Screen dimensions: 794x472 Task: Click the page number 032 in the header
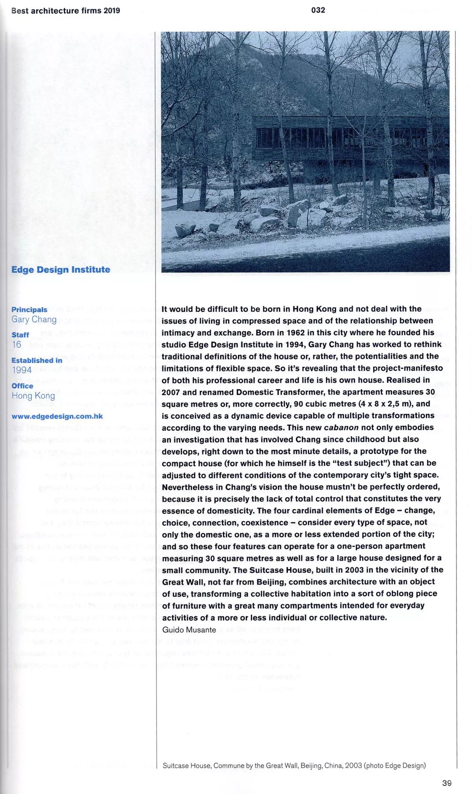pyautogui.click(x=318, y=10)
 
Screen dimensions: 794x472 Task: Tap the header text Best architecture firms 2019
pyautogui.click(x=66, y=11)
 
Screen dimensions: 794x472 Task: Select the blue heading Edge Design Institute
pyautogui.click(x=61, y=270)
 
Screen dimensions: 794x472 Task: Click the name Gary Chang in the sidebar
pyautogui.click(x=34, y=319)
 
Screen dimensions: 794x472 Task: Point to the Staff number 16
pyautogui.click(x=17, y=345)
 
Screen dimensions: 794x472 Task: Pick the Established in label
pyautogui.click(x=37, y=360)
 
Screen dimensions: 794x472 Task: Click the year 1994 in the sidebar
pyautogui.click(x=22, y=370)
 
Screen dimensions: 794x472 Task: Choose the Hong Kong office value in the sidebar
pyautogui.click(x=33, y=396)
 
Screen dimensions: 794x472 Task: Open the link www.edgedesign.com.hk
pyautogui.click(x=57, y=416)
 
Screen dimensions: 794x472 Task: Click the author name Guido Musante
pyautogui.click(x=189, y=629)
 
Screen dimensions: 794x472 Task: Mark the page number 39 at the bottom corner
pyautogui.click(x=446, y=783)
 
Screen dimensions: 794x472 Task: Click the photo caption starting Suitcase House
pyautogui.click(x=294, y=765)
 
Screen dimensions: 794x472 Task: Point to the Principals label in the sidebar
pyautogui.click(x=29, y=310)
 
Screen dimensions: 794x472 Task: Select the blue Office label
pyautogui.click(x=22, y=386)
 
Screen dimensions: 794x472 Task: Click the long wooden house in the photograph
pyautogui.click(x=348, y=139)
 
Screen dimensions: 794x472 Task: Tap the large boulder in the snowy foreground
pyautogui.click(x=298, y=213)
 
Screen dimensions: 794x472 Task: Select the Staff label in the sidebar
pyautogui.click(x=20, y=335)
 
